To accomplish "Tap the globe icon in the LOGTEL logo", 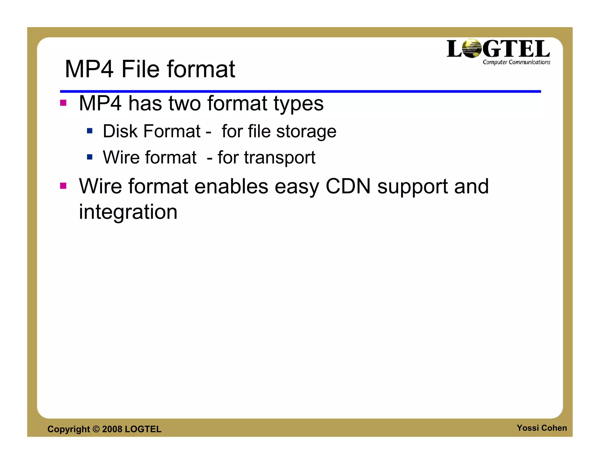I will pos(471,48).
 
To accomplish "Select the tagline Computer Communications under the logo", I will pos(516,62).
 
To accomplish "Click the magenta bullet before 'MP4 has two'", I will pos(63,103).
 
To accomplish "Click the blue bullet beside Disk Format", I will pos(90,131).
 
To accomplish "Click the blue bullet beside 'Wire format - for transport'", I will pos(90,157).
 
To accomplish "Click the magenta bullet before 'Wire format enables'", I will pos(63,186).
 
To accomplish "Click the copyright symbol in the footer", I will pos(96,429).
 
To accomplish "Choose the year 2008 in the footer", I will pos(112,429).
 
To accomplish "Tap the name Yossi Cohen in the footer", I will pos(541,428).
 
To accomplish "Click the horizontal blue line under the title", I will pos(300,92).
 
